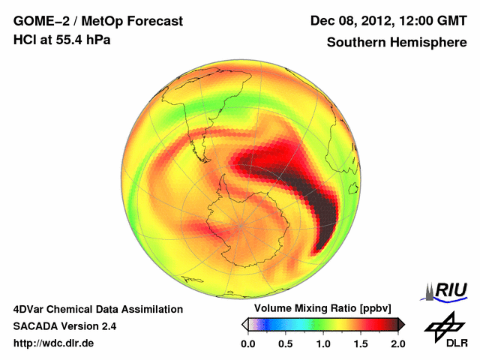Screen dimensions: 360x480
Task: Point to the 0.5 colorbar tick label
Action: pyautogui.click(x=286, y=343)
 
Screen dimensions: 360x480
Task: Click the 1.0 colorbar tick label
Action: pyautogui.click(x=323, y=343)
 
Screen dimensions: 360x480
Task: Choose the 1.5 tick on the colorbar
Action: pyautogui.click(x=361, y=343)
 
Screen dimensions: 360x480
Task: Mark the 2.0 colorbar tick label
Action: pyautogui.click(x=397, y=343)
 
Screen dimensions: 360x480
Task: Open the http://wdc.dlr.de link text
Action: pyautogui.click(x=54, y=343)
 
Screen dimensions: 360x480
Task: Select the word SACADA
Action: pyautogui.click(x=35, y=326)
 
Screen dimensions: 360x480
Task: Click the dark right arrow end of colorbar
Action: pyautogui.click(x=401, y=324)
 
